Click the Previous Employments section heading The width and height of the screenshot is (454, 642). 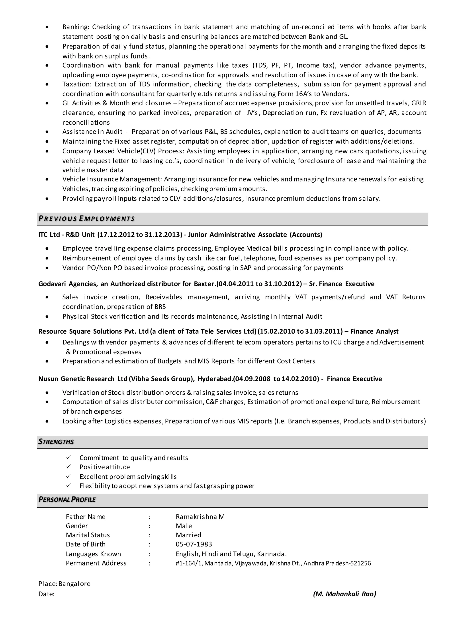click(87, 219)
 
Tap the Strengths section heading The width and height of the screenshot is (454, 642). click(56, 442)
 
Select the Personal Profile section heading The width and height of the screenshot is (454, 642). click(67, 500)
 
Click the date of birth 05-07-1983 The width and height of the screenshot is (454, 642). click(194, 544)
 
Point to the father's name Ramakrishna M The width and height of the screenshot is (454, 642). click(200, 517)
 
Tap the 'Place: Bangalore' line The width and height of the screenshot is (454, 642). click(65, 583)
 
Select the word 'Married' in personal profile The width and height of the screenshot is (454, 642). click(188, 535)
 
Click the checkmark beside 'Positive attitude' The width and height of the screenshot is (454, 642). click(68, 467)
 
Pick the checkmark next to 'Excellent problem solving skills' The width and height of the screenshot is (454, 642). click(68, 476)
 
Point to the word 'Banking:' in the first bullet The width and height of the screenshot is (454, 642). click(75, 27)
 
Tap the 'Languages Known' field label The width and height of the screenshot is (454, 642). click(93, 554)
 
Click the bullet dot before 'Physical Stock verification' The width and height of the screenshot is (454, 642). click(47, 317)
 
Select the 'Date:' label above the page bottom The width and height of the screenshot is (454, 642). click(46, 594)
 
